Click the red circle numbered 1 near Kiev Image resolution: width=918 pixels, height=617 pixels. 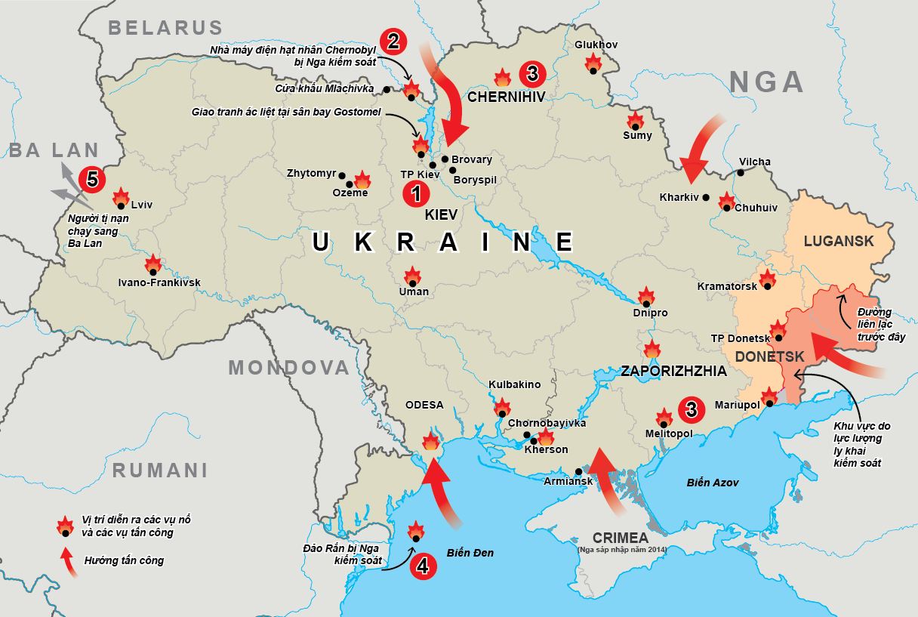tap(416, 193)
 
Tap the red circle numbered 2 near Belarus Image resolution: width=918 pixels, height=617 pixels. tap(393, 41)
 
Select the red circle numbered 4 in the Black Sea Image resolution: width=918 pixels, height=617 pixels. tap(423, 566)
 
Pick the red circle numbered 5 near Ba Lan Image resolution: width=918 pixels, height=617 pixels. tap(92, 179)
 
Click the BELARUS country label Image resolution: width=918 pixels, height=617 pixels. tap(165, 29)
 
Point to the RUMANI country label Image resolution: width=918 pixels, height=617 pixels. tap(159, 470)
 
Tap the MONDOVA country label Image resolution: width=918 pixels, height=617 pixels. tap(289, 368)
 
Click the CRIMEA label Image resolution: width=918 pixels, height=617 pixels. tap(620, 538)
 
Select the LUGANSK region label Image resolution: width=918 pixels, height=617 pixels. tap(839, 241)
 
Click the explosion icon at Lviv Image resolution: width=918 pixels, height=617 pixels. tap(121, 198)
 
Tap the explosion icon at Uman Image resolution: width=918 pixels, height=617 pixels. tap(412, 277)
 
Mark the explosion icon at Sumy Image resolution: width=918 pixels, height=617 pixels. tap(635, 121)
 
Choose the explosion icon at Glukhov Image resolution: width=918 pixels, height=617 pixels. tap(593, 63)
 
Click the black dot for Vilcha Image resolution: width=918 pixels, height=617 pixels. tap(741, 172)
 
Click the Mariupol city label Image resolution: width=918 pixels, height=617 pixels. tap(737, 406)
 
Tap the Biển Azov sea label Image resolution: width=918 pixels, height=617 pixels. tap(713, 482)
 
